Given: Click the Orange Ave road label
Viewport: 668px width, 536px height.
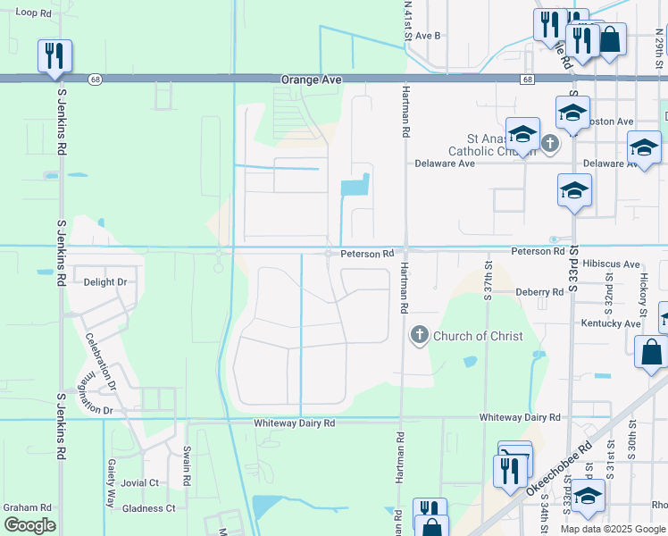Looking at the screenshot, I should (x=312, y=80).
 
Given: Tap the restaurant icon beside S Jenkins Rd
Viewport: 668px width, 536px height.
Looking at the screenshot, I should (x=54, y=55).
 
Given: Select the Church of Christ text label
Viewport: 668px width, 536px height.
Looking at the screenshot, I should (x=472, y=336).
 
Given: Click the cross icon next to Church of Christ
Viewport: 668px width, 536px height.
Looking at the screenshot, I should (x=419, y=336).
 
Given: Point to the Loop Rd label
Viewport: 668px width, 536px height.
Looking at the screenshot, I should (x=33, y=13).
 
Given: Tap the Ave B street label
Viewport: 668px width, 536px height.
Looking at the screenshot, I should (x=428, y=36).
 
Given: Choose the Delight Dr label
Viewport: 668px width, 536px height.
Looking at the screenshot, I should (x=105, y=282).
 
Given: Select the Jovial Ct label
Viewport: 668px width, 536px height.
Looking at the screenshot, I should (x=140, y=482).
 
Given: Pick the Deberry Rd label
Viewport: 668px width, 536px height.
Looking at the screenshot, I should (x=539, y=292).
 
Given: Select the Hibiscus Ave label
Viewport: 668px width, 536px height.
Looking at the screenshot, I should (x=611, y=265).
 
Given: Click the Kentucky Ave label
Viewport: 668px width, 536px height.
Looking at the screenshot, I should (x=611, y=323).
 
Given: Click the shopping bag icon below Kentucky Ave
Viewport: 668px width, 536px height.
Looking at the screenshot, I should (x=651, y=353).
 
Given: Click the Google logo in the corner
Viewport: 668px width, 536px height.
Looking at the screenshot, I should (x=29, y=525).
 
